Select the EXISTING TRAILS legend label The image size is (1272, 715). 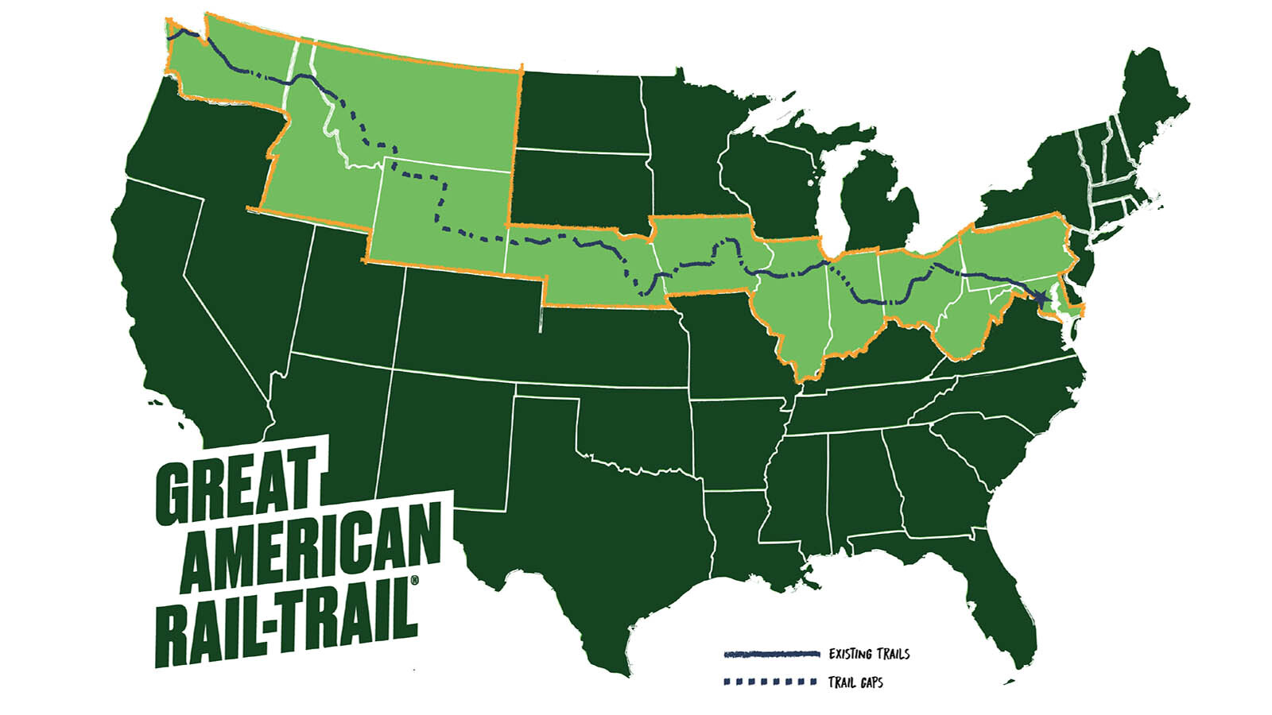pyautogui.click(x=868, y=654)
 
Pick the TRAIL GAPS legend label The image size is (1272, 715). pyautogui.click(x=855, y=682)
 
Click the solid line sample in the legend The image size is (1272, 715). pyautogui.click(x=770, y=655)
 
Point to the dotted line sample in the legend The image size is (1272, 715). pyautogui.click(x=770, y=682)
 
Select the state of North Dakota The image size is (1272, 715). pyautogui.click(x=580, y=111)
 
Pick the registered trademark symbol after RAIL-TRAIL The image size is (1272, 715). pyautogui.click(x=413, y=586)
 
